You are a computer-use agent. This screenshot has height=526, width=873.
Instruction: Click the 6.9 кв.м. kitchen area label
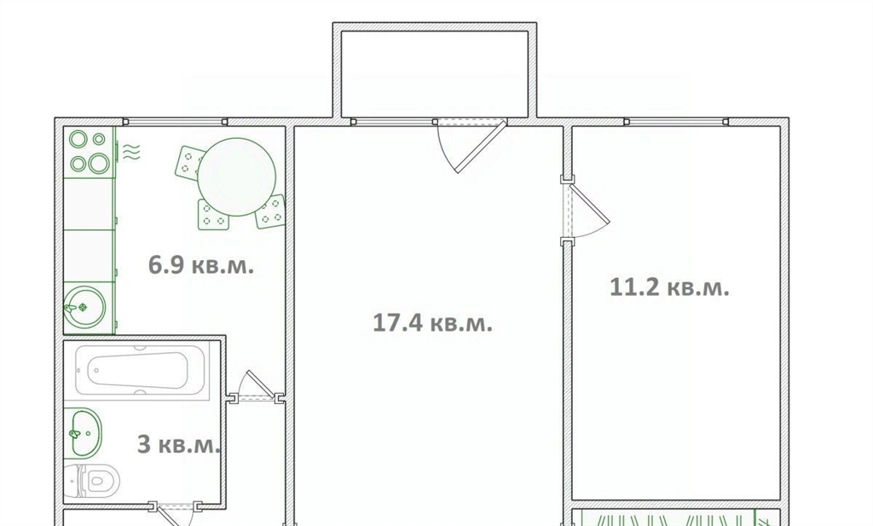[x=201, y=265]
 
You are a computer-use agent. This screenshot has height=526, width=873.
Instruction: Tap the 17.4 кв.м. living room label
[x=432, y=323]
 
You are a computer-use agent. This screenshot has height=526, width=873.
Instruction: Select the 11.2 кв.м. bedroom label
[x=669, y=288]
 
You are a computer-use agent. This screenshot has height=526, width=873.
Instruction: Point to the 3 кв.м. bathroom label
[x=179, y=445]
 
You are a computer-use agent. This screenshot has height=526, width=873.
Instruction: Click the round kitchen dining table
[x=237, y=177]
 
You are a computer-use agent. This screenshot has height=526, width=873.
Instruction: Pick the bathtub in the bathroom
[x=139, y=370]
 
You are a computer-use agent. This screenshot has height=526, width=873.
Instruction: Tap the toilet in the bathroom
[x=92, y=480]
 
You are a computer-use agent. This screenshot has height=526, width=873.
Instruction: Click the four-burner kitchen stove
[x=89, y=152]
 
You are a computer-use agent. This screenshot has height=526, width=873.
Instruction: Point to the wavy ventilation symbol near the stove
[x=131, y=152]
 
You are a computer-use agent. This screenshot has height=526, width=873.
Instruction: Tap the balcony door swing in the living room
[x=471, y=146]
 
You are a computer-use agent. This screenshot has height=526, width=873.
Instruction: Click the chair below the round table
[x=213, y=215]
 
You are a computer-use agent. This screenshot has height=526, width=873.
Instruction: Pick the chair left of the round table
[x=191, y=162]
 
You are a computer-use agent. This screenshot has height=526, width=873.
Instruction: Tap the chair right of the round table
[x=271, y=211]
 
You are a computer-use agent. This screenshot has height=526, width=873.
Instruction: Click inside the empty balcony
[x=435, y=74]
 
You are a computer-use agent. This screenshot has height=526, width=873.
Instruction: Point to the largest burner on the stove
[x=99, y=163]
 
